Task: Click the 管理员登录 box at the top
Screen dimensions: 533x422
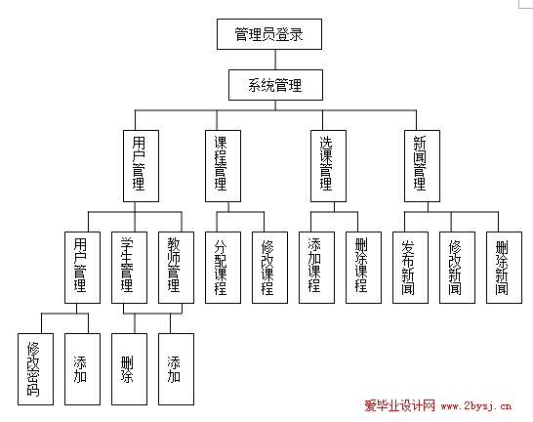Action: click(269, 34)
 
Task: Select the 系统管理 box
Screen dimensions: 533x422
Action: click(275, 85)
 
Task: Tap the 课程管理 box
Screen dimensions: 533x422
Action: click(223, 166)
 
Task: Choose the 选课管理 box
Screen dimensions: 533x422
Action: click(328, 166)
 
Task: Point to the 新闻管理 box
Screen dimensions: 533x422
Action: click(422, 166)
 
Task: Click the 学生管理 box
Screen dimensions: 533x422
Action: click(129, 268)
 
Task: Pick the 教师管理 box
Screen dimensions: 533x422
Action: click(176, 268)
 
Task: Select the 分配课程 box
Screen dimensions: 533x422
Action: click(223, 268)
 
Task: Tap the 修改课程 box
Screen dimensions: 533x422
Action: click(269, 268)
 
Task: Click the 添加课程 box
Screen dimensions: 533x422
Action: click(316, 268)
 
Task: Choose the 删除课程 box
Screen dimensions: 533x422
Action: click(363, 268)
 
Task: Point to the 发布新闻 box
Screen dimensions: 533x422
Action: click(410, 268)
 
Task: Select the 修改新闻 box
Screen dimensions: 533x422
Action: click(457, 268)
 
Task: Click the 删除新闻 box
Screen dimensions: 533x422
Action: click(504, 268)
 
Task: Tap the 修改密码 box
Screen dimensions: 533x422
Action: click(36, 369)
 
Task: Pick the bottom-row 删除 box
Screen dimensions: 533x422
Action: click(129, 369)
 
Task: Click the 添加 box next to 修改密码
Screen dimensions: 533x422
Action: click(82, 369)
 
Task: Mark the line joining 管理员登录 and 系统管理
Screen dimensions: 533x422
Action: click(275, 60)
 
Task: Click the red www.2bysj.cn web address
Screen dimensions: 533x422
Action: click(476, 405)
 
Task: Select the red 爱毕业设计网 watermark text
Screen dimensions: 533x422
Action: click(400, 405)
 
